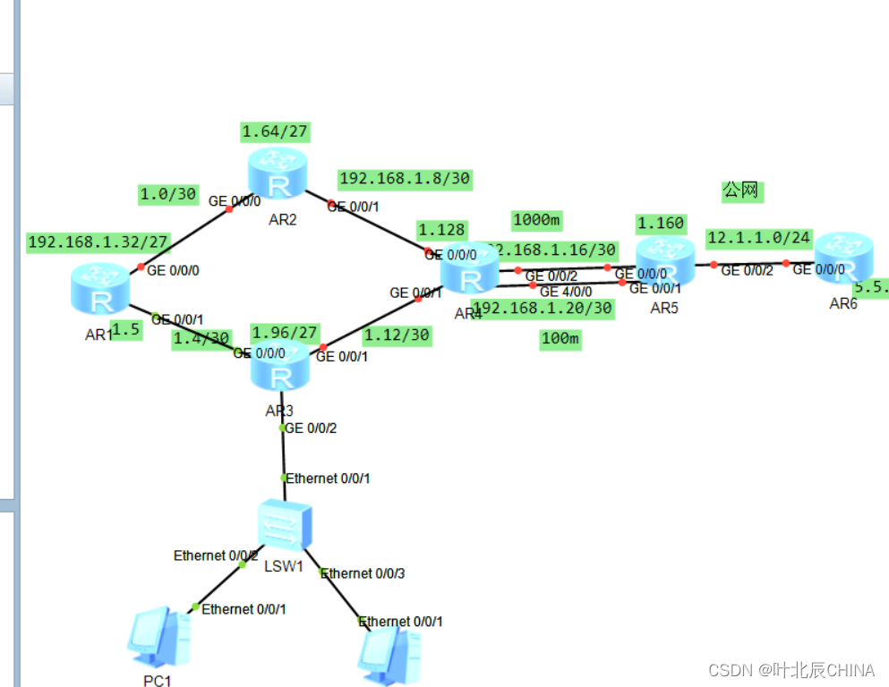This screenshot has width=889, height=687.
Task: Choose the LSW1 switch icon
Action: coord(285,524)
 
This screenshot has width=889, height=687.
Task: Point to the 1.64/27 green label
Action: coord(275,132)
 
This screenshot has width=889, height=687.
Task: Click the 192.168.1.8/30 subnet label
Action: coord(405,179)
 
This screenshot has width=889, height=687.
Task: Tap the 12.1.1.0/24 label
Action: coord(757,238)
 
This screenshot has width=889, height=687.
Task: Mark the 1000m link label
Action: coord(536,220)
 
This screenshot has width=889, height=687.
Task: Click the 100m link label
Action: coord(560,339)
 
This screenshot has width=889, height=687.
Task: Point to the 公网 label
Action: coord(740,190)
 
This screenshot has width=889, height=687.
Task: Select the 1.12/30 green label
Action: coord(397,335)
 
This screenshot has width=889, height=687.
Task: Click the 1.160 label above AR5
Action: coord(660,223)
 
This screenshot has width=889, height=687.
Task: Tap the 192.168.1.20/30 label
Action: coord(543,309)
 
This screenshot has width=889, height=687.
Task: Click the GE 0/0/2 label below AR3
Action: coord(311,428)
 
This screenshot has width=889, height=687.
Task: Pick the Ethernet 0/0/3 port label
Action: coord(363,573)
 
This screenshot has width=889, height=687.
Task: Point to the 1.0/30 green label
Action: coord(167,192)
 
